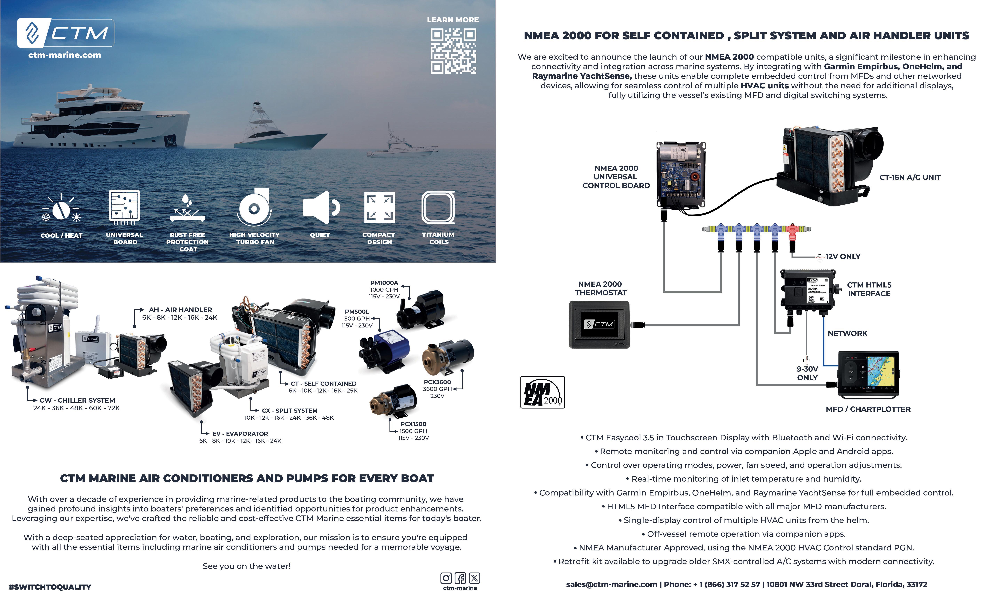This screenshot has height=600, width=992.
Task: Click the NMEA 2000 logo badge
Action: click(x=542, y=392)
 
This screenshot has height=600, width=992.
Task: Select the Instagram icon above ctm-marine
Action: click(x=446, y=578)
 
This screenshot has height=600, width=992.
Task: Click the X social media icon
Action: click(x=475, y=578)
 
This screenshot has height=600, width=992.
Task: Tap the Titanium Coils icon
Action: click(x=438, y=208)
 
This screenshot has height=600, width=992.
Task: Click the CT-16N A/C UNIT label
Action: click(x=910, y=177)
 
